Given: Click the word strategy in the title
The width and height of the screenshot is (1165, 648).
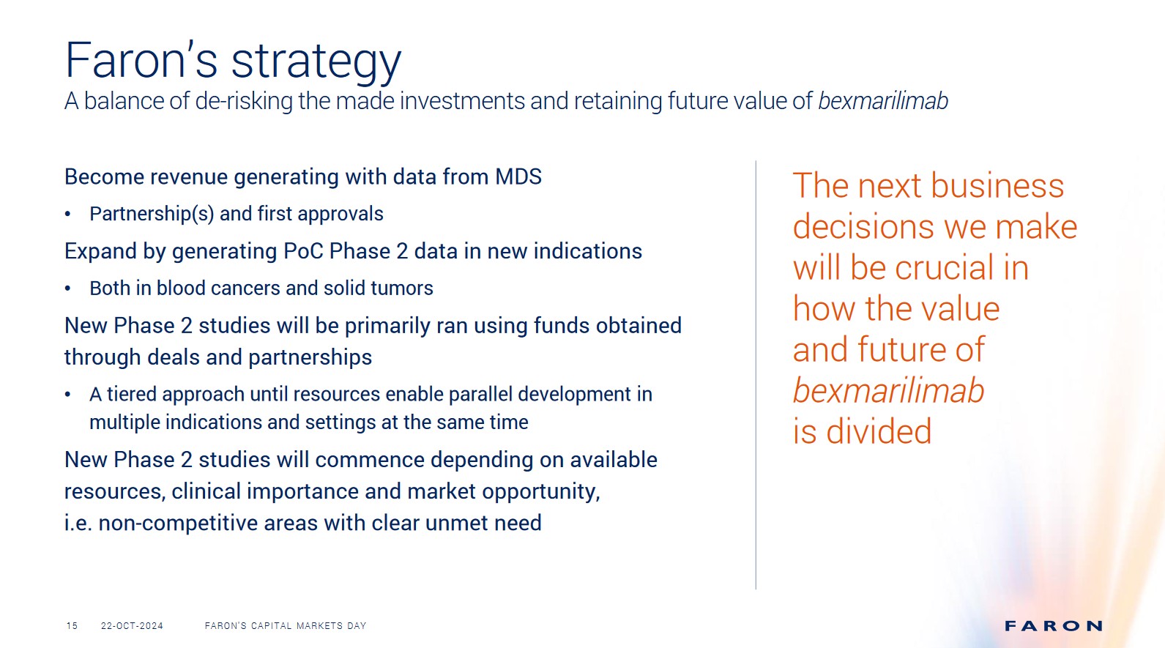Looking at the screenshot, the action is pos(316,62).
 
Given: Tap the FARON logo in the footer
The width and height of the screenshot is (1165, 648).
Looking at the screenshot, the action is pos(1054,625).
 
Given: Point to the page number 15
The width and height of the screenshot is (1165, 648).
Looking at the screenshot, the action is pos(72,625).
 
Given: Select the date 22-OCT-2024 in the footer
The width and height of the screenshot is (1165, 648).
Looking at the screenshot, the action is pos(132,625).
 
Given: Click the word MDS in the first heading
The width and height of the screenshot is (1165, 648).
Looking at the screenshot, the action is pos(518,176).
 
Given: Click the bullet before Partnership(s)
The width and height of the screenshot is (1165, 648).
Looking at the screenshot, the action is pos(67,214).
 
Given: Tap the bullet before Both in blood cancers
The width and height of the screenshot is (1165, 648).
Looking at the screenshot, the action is pos(67,288).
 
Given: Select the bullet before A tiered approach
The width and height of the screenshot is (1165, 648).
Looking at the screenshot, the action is pos(67,394).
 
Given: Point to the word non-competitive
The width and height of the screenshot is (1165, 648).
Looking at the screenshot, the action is pos(179,524).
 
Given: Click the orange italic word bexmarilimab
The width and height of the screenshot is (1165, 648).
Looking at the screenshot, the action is pos(888,390).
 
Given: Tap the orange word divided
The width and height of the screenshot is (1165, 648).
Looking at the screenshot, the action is pos(879,431).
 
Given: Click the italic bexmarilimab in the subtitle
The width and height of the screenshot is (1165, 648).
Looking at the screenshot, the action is pos(883,101).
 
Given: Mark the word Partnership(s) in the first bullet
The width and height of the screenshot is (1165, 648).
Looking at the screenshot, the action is pos(152,215).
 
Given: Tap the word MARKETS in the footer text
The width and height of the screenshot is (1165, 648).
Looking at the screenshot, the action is pos(319,625).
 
